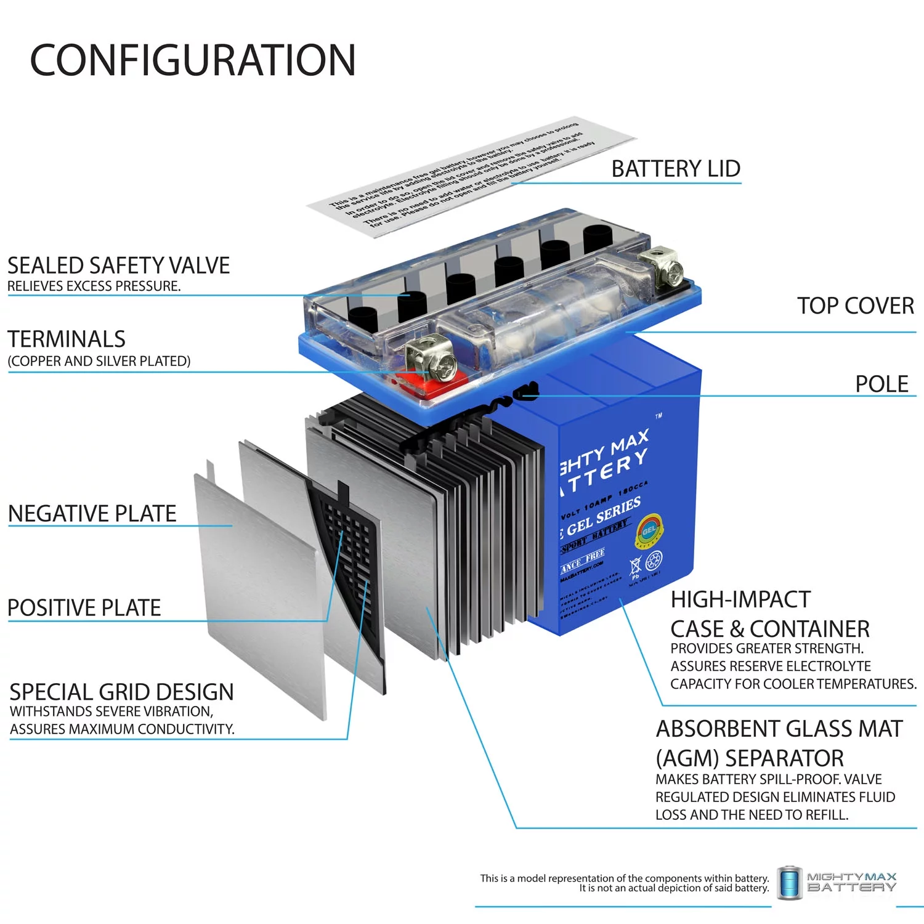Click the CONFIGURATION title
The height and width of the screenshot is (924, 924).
193,60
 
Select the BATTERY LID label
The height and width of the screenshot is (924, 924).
675,169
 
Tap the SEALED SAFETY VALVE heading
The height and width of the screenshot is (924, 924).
118,265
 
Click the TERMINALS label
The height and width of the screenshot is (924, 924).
67,339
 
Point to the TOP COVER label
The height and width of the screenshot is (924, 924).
855,306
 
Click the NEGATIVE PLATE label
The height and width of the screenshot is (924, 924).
92,514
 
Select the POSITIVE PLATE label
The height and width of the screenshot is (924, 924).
84,608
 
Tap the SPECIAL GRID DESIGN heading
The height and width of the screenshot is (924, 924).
121,692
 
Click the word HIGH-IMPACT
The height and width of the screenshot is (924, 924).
740,599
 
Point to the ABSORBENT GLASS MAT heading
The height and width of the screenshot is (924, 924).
779,729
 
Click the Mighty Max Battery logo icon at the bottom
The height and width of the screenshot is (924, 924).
789,883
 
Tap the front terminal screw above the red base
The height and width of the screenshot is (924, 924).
440,365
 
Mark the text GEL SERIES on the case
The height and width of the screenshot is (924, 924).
603,516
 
